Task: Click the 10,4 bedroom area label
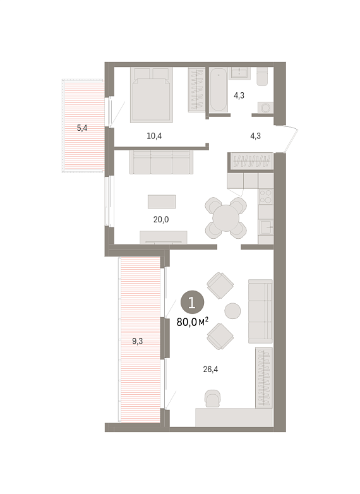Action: click(154, 136)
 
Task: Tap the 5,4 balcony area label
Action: click(82, 128)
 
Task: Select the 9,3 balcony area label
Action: click(137, 341)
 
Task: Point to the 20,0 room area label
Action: click(161, 219)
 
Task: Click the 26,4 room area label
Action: click(210, 369)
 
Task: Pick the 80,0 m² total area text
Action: click(193, 322)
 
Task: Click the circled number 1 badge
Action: click(192, 303)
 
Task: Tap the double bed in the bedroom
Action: click(152, 95)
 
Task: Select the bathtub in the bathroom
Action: click(219, 90)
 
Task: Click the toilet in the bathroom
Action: click(262, 76)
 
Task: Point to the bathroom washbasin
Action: click(240, 73)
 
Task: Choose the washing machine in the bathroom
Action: click(265, 108)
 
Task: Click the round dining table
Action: click(226, 218)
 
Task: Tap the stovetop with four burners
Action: click(265, 196)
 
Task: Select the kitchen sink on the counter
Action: click(267, 227)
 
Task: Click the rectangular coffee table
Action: click(162, 202)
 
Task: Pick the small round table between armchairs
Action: click(232, 311)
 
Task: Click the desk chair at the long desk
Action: click(212, 398)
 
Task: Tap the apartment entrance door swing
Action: click(291, 138)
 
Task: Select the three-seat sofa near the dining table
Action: click(161, 162)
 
